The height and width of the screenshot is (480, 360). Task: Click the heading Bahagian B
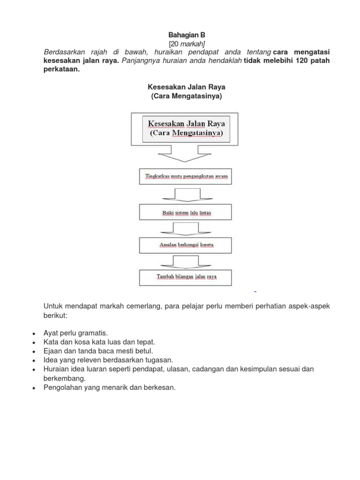(x=187, y=35)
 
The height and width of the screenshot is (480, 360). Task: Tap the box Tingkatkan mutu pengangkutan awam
(x=186, y=177)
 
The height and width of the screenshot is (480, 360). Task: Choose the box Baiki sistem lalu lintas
(x=186, y=213)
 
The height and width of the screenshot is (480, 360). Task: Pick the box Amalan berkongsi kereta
(x=186, y=245)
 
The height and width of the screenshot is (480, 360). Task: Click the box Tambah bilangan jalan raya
(x=186, y=277)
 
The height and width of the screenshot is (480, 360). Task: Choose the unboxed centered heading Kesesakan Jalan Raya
(x=187, y=87)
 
